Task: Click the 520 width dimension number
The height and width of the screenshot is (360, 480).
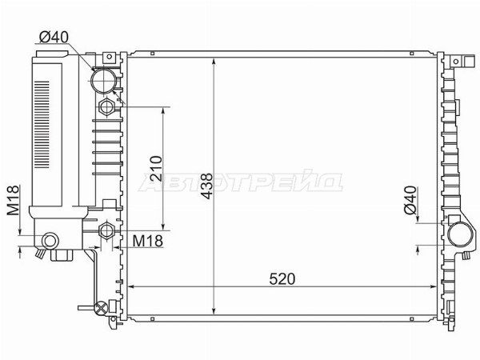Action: [282, 278]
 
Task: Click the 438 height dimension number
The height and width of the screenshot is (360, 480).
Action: [207, 186]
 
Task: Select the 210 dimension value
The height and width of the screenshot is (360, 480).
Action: [156, 169]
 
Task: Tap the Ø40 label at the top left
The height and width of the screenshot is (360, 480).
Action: [54, 37]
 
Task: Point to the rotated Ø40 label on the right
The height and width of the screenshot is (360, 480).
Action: [410, 200]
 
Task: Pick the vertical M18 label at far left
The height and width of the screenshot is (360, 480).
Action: [13, 200]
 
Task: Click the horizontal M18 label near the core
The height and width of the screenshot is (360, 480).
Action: [147, 241]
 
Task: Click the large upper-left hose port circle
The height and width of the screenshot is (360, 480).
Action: [104, 81]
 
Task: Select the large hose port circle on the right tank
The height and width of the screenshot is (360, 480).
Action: [461, 234]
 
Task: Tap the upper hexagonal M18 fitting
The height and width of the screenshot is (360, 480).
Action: [106, 107]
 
